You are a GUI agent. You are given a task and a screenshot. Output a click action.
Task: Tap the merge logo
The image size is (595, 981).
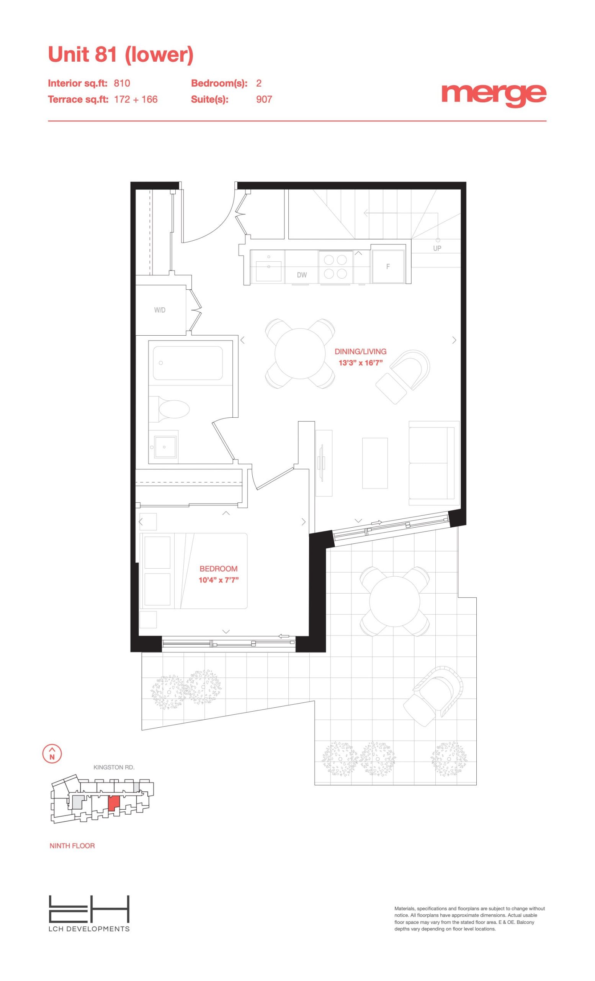coord(494,95)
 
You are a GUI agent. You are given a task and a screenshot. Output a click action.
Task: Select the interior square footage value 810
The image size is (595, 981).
coord(122,83)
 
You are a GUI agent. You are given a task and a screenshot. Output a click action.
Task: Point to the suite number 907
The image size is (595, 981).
coord(264,99)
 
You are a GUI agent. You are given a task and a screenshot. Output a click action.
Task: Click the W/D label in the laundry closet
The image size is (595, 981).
coord(160,310)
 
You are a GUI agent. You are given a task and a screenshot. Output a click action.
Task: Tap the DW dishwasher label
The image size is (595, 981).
coord(301,275)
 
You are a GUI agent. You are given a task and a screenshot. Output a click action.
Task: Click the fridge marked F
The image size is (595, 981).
coord(388,267)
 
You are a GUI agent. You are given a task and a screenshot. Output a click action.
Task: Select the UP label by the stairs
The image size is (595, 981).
coord(437,248)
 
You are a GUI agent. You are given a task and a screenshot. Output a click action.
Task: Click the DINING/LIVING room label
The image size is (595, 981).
coord(360,351)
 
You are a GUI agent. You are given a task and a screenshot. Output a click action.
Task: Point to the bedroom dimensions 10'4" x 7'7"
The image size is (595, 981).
coord(218,580)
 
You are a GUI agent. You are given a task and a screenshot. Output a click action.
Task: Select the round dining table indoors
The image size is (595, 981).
coord(300,353)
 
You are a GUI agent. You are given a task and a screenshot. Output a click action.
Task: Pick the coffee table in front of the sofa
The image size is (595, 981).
coord(375,463)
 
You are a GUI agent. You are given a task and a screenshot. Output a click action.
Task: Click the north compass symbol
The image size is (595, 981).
coord(52,754)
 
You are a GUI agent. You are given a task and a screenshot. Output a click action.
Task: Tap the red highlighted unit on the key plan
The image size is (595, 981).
coord(114,803)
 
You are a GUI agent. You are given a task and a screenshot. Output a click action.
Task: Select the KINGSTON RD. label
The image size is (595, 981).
coord(114,767)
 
